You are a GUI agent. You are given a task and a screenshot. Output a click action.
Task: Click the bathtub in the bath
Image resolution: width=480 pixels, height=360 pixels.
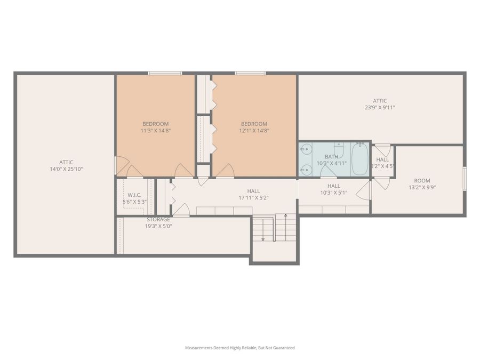(x=360, y=159)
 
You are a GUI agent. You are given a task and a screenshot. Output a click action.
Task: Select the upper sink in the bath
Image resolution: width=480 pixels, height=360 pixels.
(x=306, y=149)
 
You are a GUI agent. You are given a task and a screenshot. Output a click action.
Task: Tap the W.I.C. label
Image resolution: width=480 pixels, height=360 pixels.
(x=134, y=195)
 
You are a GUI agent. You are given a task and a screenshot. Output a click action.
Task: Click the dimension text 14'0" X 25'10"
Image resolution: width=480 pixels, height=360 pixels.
(x=66, y=169)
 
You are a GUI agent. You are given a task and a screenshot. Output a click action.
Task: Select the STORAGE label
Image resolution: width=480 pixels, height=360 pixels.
(x=158, y=219)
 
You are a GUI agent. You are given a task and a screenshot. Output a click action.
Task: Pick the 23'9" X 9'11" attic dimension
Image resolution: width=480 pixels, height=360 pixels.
(x=380, y=107)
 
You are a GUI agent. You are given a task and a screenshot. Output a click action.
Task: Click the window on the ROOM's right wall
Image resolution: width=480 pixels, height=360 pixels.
(x=464, y=179)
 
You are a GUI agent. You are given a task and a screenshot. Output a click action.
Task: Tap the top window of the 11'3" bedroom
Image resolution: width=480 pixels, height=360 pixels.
(x=165, y=73)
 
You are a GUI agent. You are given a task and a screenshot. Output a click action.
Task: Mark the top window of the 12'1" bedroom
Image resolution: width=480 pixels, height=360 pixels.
(x=250, y=73)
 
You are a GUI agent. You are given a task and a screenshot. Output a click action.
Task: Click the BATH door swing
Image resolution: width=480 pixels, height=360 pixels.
(x=327, y=171)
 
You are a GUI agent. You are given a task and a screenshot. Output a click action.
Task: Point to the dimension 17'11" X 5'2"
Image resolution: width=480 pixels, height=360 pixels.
(x=253, y=198)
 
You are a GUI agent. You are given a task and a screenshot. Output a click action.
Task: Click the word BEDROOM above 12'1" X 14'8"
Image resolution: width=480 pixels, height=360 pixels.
(x=253, y=124)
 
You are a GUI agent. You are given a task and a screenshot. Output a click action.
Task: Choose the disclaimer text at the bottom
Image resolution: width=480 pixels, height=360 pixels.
(x=239, y=348)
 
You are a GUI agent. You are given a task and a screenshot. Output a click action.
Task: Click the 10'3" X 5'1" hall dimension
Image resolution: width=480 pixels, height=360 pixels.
(x=333, y=193)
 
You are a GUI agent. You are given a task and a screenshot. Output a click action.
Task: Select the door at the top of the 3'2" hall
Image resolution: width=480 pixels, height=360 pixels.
(x=382, y=149)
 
